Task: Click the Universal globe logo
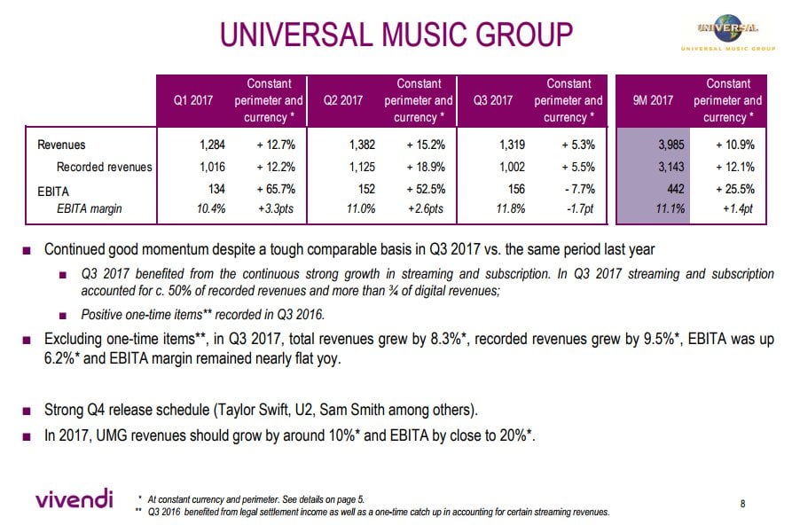coord(728,31)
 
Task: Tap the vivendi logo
coord(74,498)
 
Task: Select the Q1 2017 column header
coord(193,100)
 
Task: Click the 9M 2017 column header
coord(653,100)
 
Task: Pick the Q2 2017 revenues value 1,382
coord(362,145)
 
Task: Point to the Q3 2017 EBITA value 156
coord(516,189)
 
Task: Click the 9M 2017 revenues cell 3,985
coord(670,145)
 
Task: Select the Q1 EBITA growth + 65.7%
coord(276,189)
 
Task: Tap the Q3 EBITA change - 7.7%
coord(580,189)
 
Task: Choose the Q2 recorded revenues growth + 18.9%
coord(426,167)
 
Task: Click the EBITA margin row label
coord(89,208)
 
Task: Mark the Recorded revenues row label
coord(104,167)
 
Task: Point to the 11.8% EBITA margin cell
coord(511,208)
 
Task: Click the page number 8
coord(742,503)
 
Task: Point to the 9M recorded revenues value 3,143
coord(670,167)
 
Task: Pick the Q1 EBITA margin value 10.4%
coord(211,208)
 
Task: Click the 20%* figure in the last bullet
coord(516,435)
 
